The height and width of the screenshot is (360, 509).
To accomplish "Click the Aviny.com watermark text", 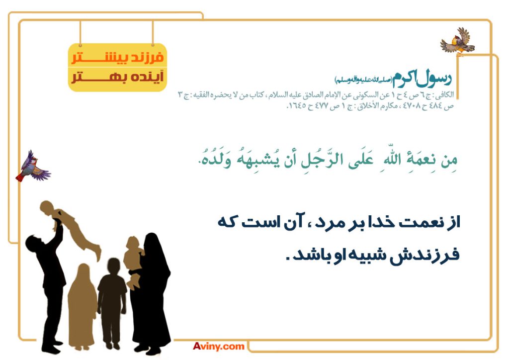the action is [x=219, y=346].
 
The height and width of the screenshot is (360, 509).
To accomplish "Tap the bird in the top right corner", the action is [x=458, y=42].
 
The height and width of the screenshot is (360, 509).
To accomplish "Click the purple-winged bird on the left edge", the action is [x=33, y=167].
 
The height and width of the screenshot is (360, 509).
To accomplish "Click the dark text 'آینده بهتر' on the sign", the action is [x=117, y=77].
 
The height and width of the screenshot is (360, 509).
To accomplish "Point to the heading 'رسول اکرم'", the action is [x=422, y=79].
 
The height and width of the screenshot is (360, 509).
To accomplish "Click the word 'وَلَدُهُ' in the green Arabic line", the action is [x=215, y=160].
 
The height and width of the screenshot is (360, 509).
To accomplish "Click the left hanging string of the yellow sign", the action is [x=80, y=33].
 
